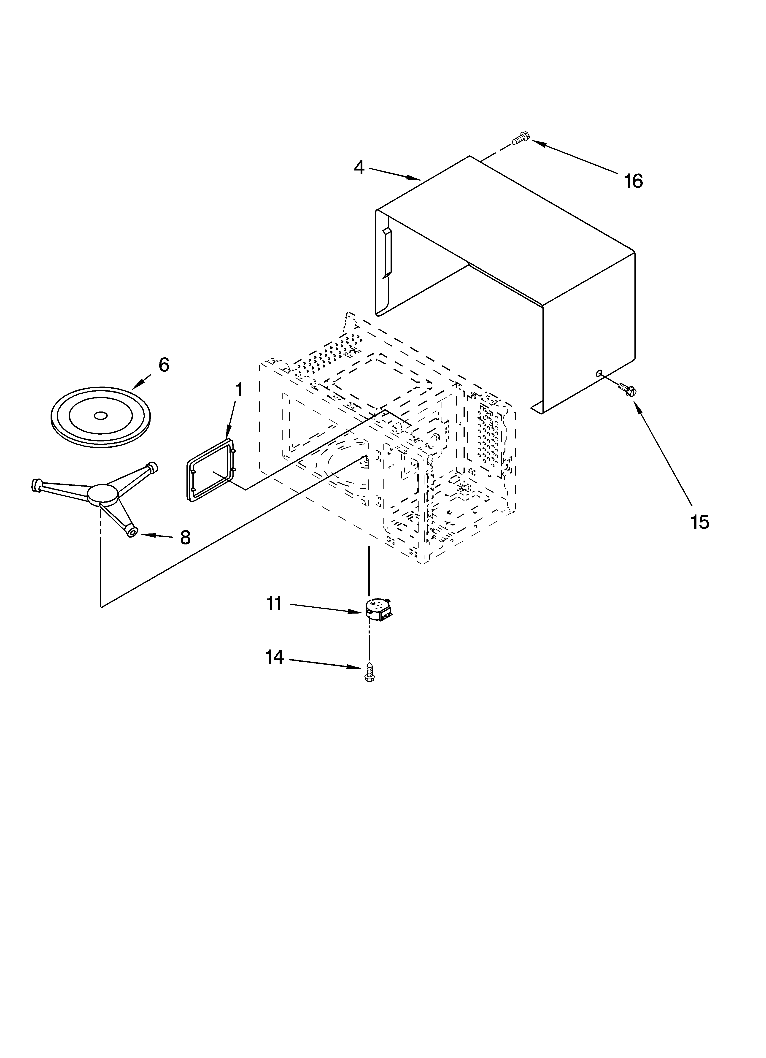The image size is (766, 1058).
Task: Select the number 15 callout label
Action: pos(700,522)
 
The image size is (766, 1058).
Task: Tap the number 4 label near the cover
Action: pos(359,167)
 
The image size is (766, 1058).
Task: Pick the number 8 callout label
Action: pos(185,538)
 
